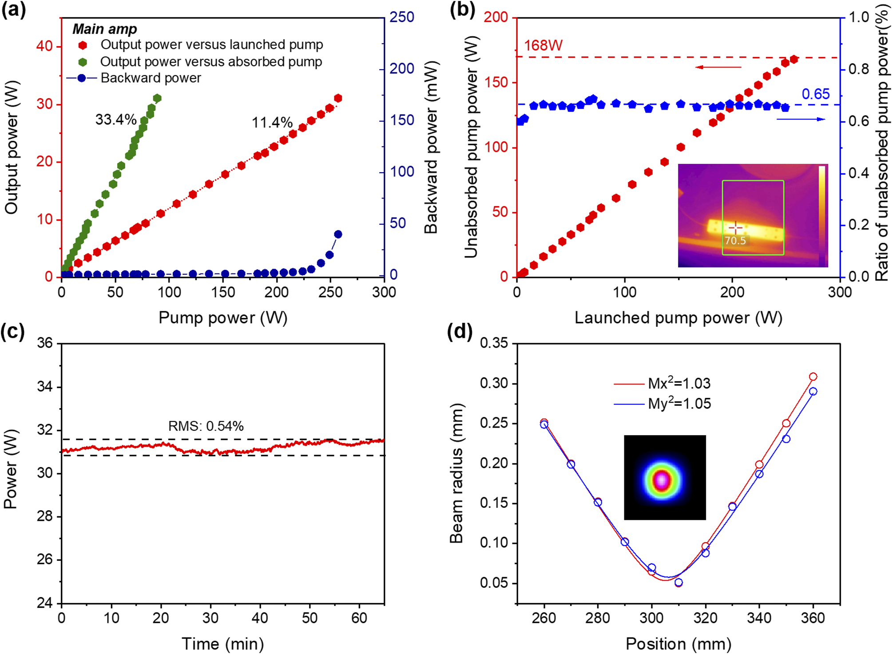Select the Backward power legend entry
[134, 78]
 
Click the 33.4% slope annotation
[116, 119]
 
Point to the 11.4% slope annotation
[272, 123]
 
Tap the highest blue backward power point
[338, 234]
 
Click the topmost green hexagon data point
[157, 98]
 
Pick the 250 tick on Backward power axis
[402, 17]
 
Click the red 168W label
[543, 45]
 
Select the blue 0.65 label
[816, 94]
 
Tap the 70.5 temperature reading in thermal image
[735, 241]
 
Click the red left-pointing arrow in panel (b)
[718, 67]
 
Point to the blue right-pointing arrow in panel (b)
[801, 119]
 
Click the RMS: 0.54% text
[206, 426]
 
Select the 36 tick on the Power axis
[44, 343]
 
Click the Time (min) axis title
[223, 644]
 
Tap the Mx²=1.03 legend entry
[662, 383]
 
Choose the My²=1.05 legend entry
[662, 403]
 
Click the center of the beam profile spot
[662, 480]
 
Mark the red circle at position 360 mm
[813, 377]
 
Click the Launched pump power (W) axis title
[679, 318]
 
